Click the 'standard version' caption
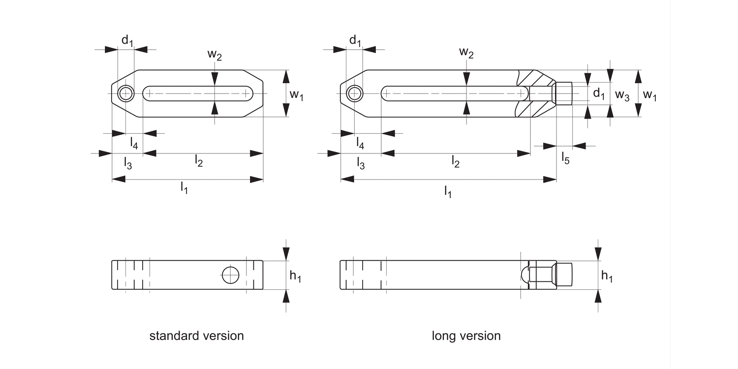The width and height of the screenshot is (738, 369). coord(196,336)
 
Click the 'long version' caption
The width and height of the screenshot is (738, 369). coord(466,336)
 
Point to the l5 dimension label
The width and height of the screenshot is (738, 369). coord(566,158)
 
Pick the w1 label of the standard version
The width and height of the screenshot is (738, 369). coord(296,95)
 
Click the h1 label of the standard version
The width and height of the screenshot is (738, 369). coord(295,277)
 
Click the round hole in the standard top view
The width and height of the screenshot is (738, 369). coord(126,93)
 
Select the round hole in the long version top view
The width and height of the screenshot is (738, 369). coord(354,93)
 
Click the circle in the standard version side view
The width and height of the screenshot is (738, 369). coord(230,275)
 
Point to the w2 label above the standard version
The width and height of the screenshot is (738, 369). coord(215,55)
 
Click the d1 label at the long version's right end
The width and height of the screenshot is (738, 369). coord(598,93)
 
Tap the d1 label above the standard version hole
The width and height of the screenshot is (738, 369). coord(127,41)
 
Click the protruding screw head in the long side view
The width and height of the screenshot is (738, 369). coord(564,275)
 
